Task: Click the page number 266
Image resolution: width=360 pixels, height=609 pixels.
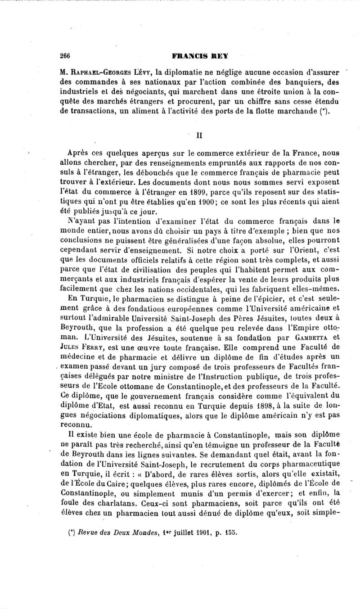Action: (66, 56)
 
